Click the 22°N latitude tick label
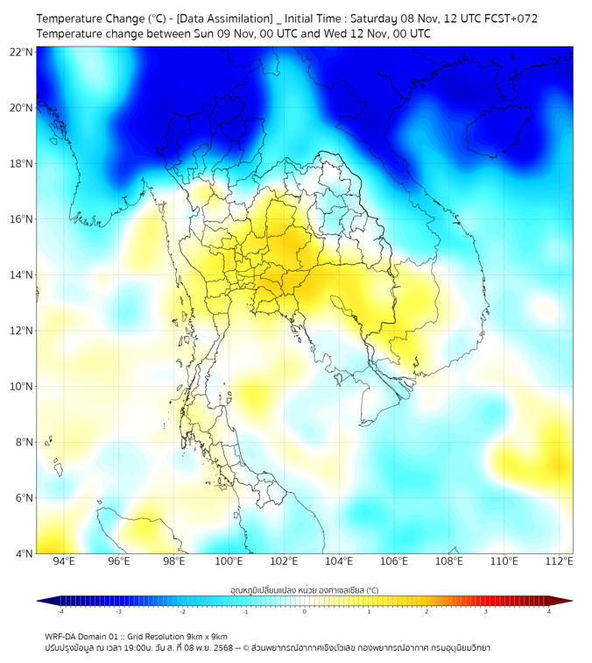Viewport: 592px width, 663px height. (x=22, y=53)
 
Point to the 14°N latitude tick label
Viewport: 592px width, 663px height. (x=22, y=275)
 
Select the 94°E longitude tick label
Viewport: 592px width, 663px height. (x=64, y=562)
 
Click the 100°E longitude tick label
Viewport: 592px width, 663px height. (x=229, y=562)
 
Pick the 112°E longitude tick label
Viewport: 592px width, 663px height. (x=559, y=562)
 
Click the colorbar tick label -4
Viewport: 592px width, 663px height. (x=60, y=611)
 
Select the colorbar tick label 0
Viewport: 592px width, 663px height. (x=305, y=611)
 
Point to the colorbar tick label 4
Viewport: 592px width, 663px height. (x=549, y=611)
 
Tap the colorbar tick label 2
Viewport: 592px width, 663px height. (x=426, y=611)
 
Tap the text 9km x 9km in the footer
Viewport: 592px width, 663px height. (x=208, y=636)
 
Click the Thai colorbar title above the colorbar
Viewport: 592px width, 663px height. (x=304, y=590)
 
